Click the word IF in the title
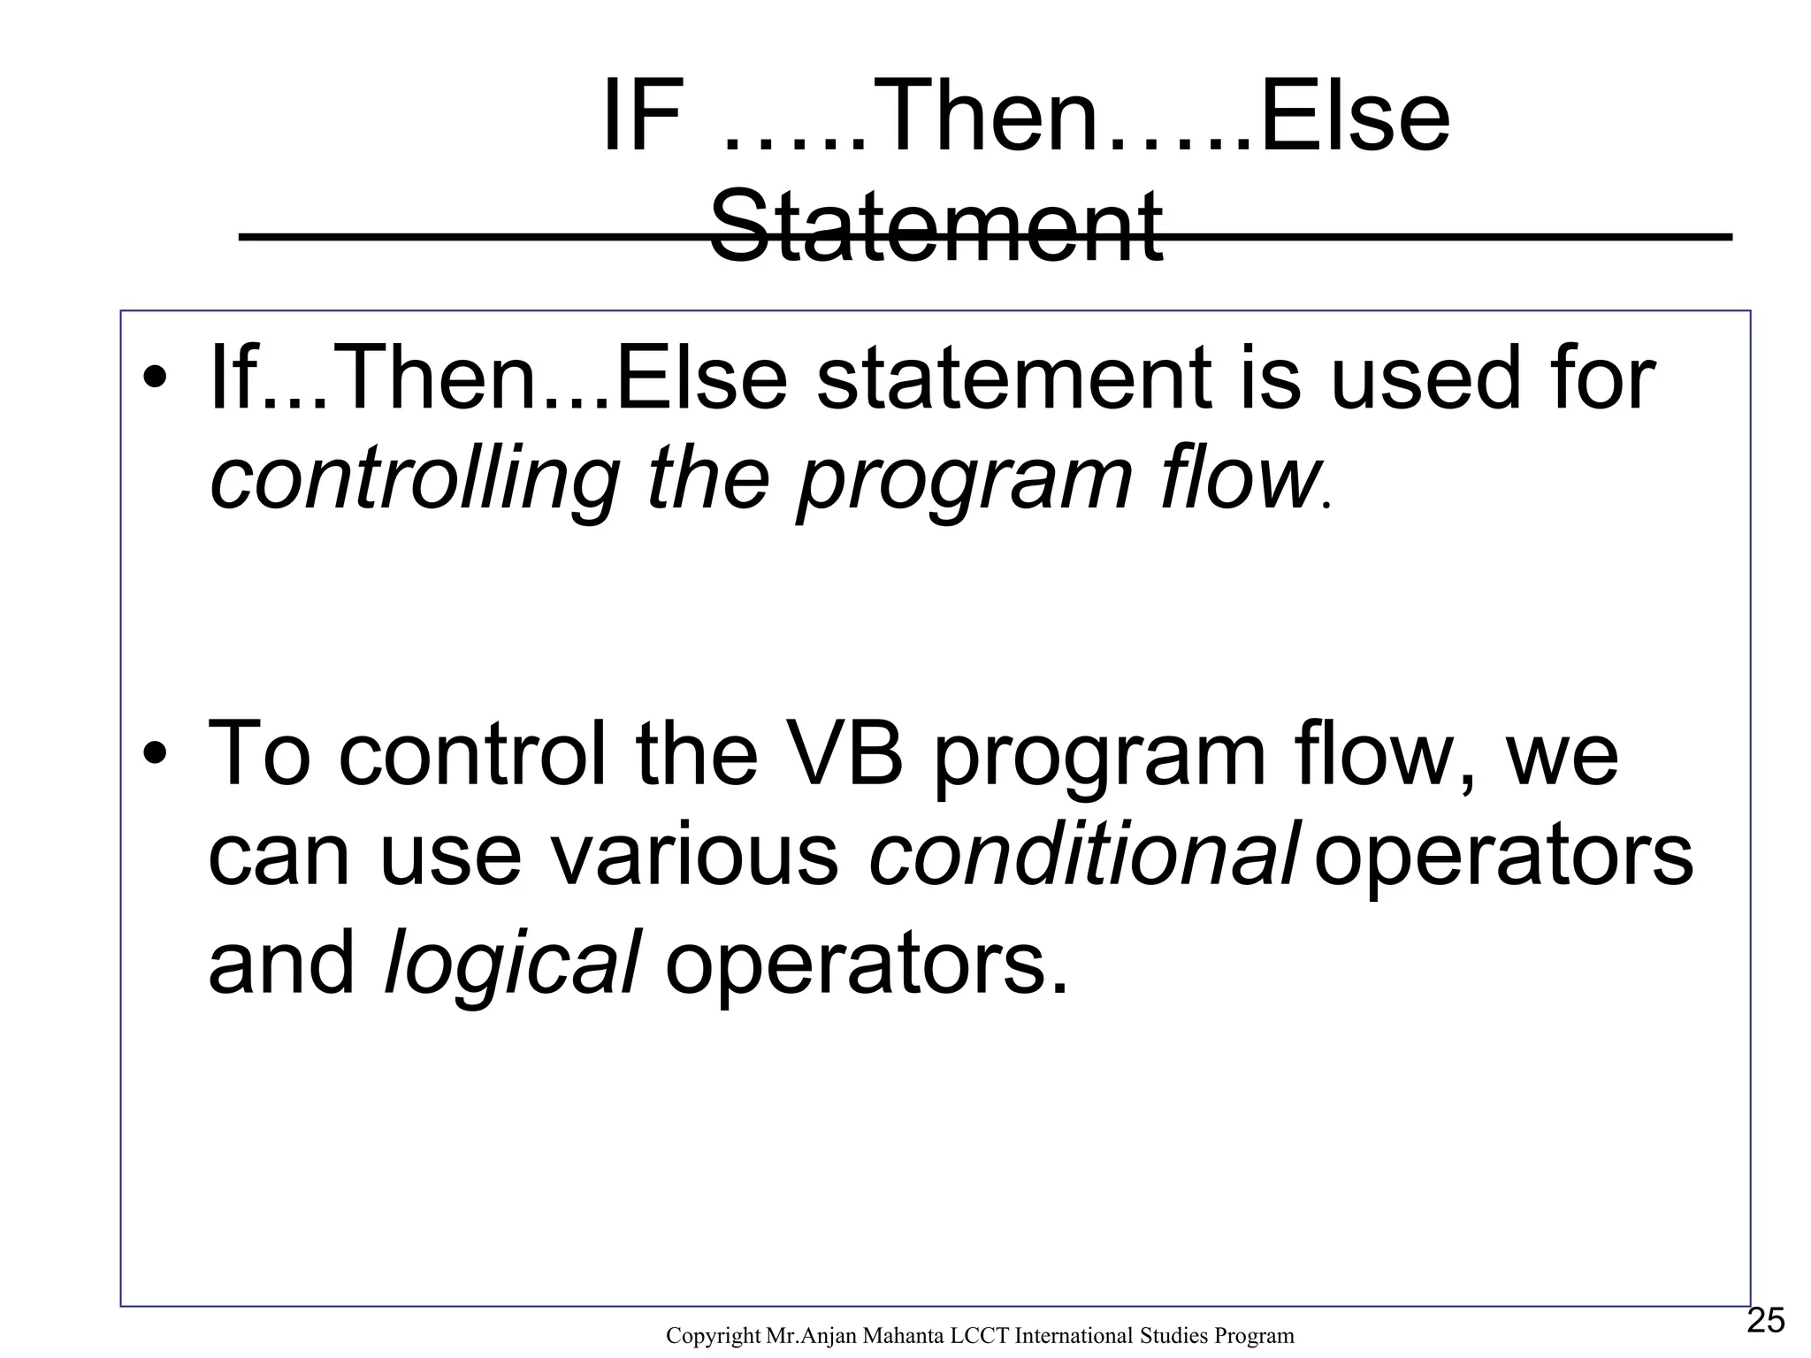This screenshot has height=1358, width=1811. [x=643, y=117]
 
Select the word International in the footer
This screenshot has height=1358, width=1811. [x=1070, y=1336]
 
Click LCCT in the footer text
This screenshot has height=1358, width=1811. [x=981, y=1336]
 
